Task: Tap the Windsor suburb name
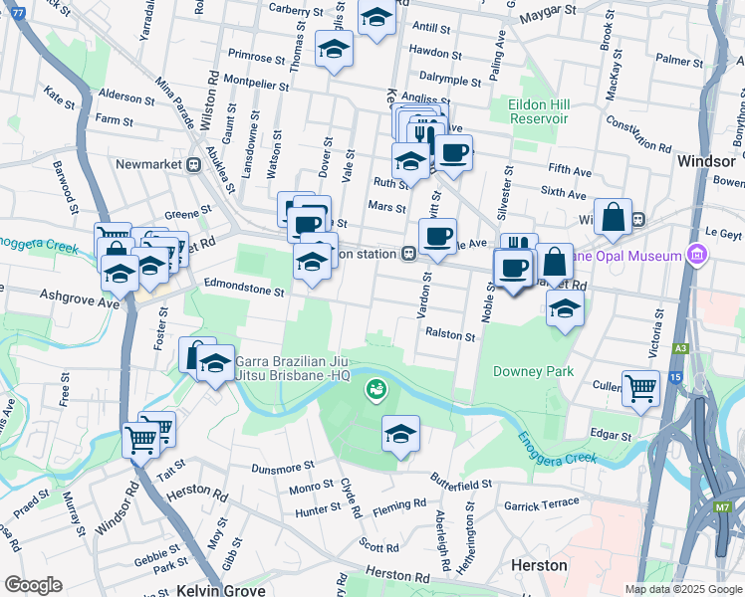click(705, 160)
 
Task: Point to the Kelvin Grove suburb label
click(221, 590)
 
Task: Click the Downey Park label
click(533, 371)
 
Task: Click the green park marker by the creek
click(376, 388)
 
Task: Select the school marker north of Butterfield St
click(400, 434)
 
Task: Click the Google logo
click(33, 585)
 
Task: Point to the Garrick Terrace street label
click(541, 504)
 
